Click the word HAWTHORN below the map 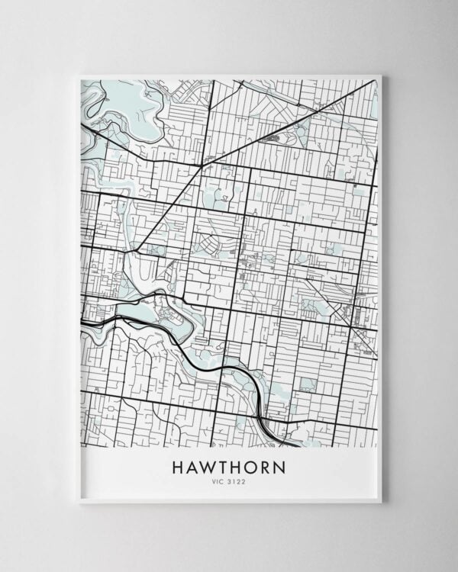(x=229, y=467)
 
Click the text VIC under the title (x=220, y=481)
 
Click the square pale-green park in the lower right (x=308, y=384)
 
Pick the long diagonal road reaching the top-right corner (x=305, y=114)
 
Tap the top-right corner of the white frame (x=381, y=75)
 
